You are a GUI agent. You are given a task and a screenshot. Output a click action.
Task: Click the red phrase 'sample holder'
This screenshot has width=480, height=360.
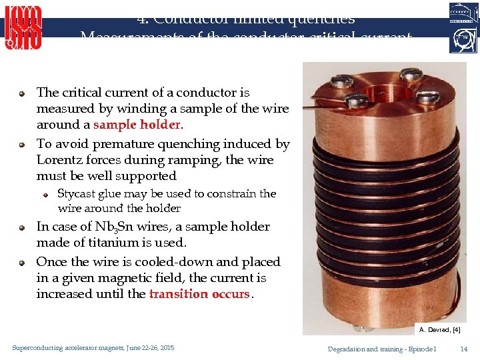tap(137, 125)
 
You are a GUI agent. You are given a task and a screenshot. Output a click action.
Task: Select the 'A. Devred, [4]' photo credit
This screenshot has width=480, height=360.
tap(439, 329)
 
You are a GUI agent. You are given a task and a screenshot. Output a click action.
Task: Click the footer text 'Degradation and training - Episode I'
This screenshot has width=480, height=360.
tap(382, 349)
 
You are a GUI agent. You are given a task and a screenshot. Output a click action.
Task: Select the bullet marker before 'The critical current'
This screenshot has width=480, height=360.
tap(22, 93)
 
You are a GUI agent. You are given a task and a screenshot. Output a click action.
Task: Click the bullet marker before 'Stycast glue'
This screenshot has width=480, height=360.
tap(44, 195)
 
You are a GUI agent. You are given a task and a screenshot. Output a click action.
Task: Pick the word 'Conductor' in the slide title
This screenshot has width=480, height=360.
tap(193, 19)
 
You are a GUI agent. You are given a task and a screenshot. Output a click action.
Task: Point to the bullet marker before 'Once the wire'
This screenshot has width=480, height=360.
tap(22, 263)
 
